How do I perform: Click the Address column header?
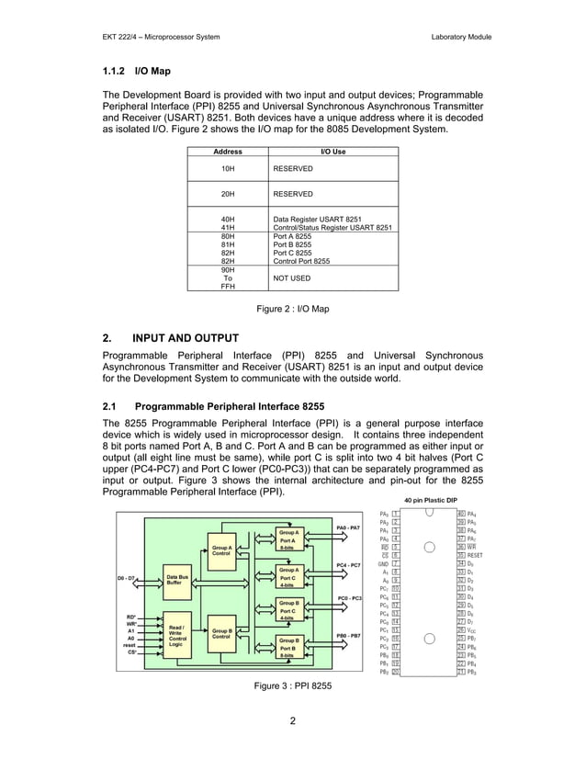(x=228, y=151)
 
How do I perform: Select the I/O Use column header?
(x=332, y=151)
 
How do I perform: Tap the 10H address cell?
(x=228, y=169)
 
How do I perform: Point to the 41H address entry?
(x=228, y=227)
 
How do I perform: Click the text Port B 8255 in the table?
(x=292, y=244)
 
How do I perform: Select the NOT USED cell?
(x=292, y=278)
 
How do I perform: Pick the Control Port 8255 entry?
(x=301, y=261)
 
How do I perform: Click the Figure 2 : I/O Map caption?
(x=292, y=309)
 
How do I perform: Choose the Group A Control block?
(x=221, y=550)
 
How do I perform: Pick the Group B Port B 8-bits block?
(x=288, y=648)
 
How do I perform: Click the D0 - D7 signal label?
(x=126, y=579)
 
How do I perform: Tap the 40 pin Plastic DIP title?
(x=431, y=499)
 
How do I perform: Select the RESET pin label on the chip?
(x=475, y=556)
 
